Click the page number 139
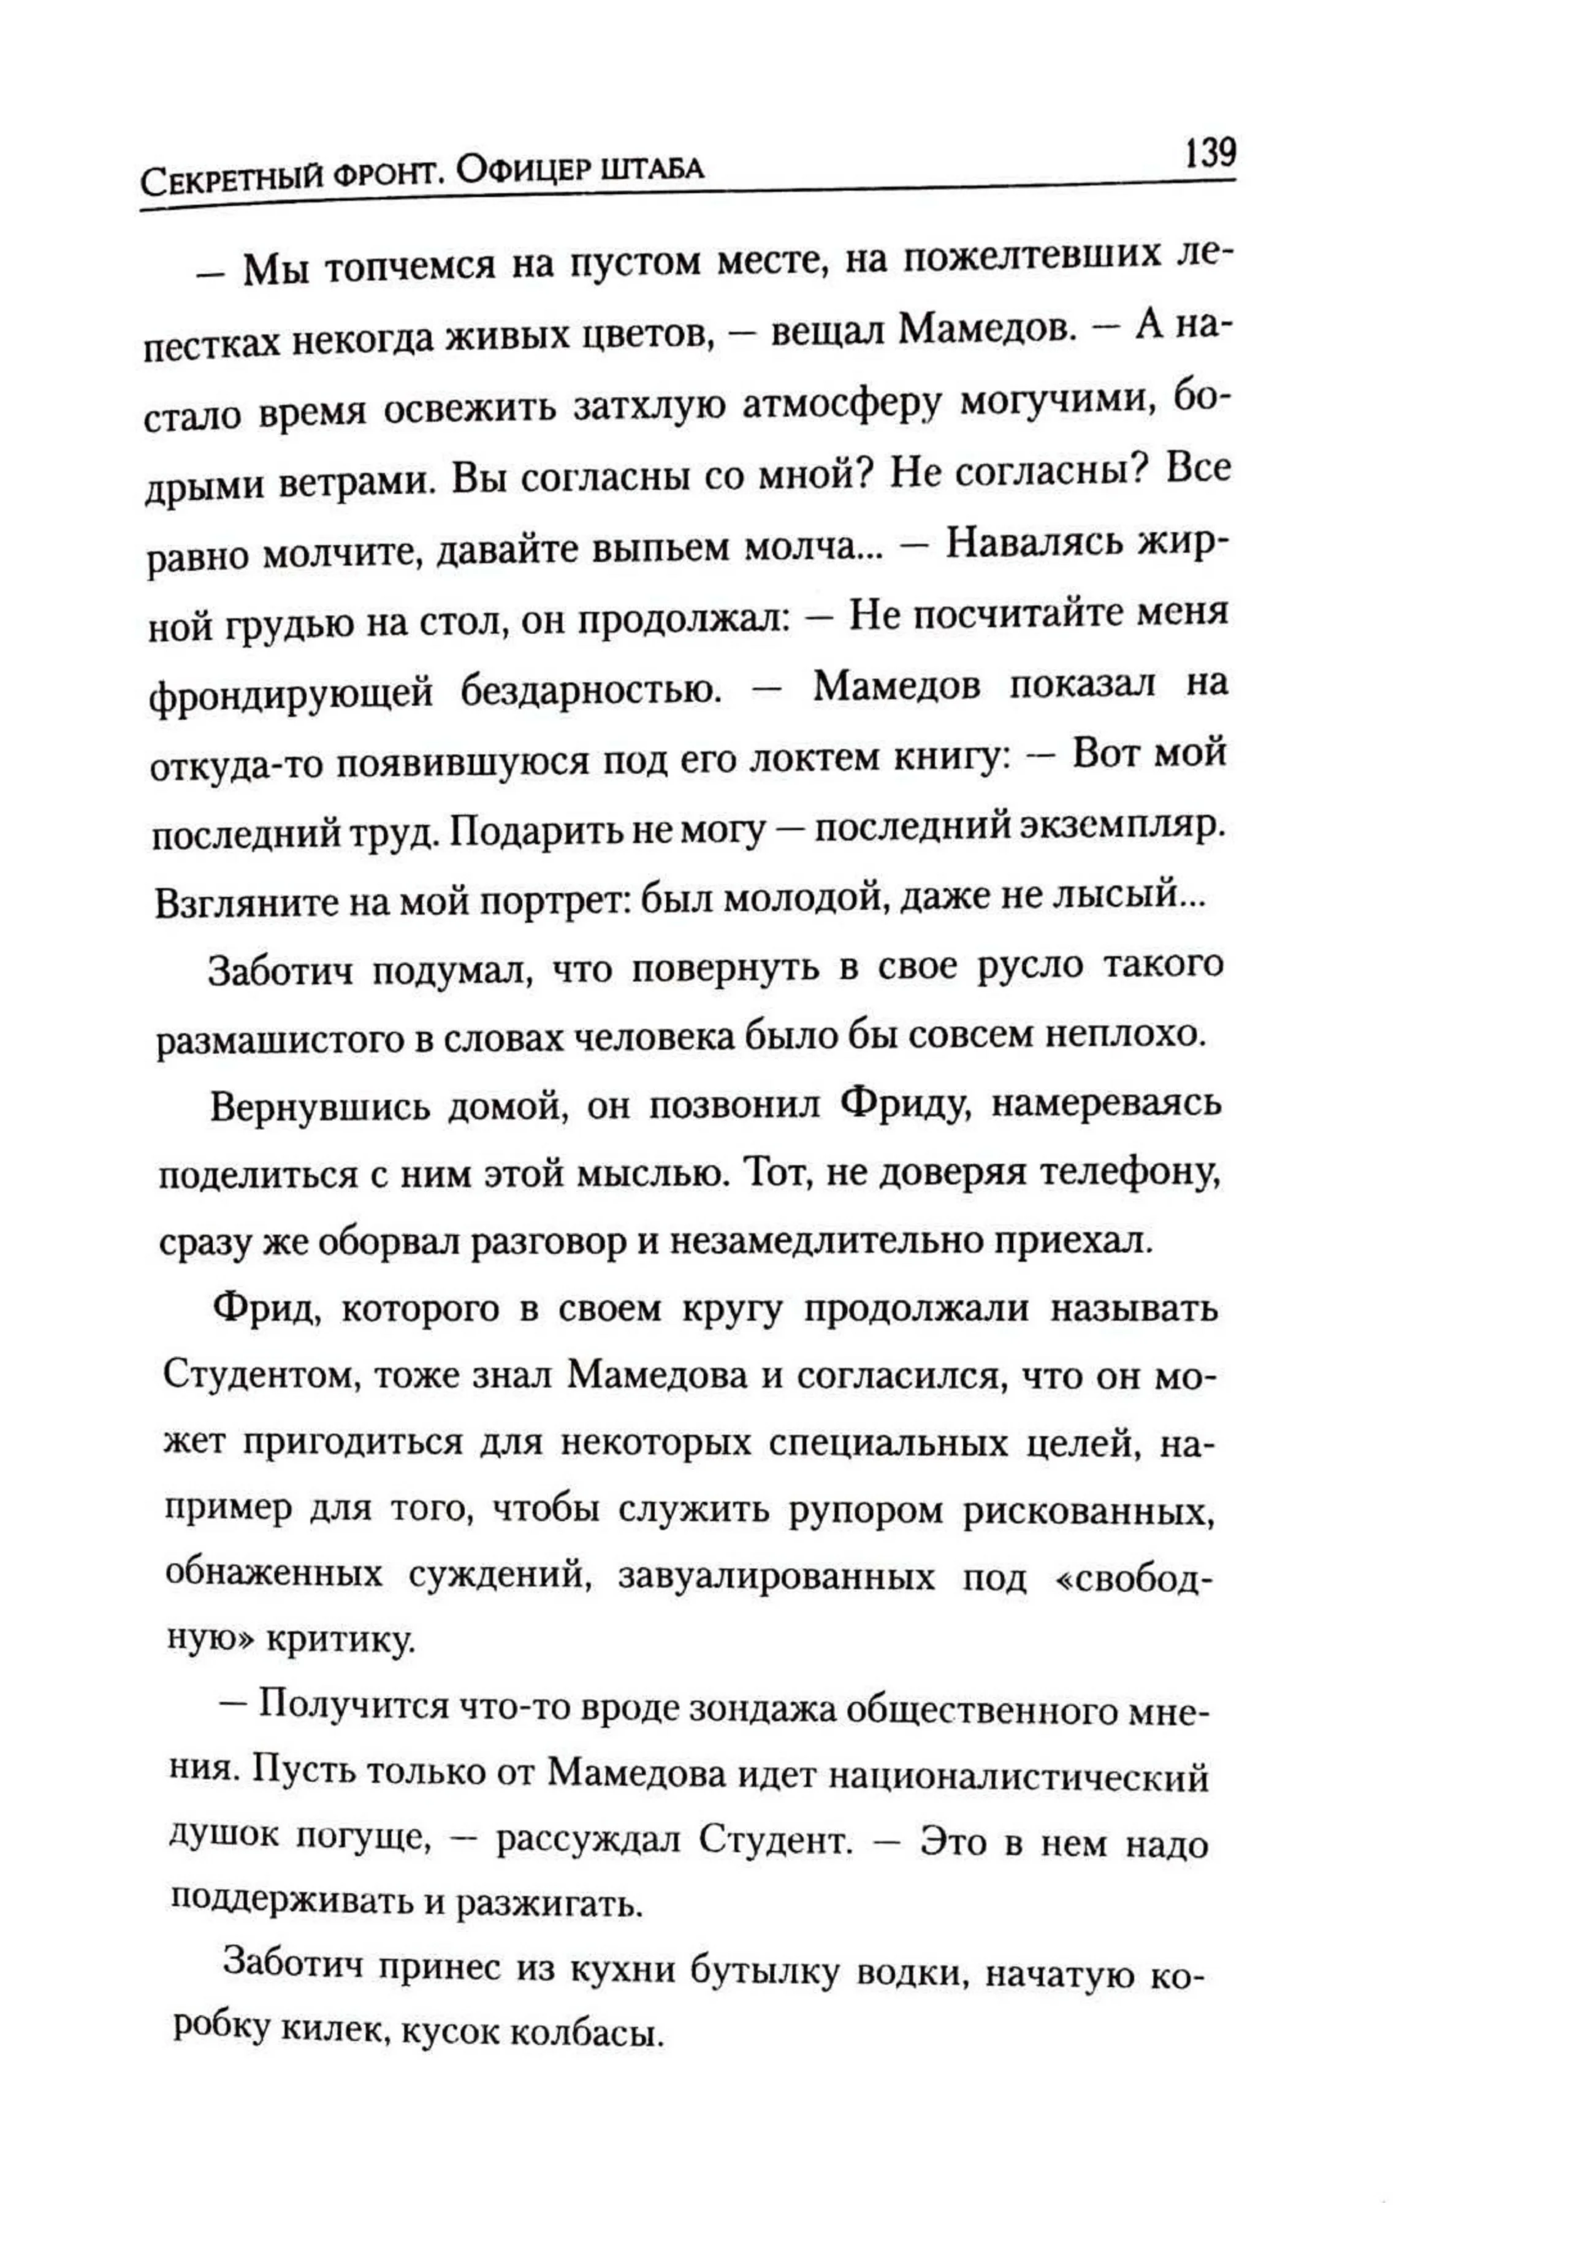click(x=1210, y=154)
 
